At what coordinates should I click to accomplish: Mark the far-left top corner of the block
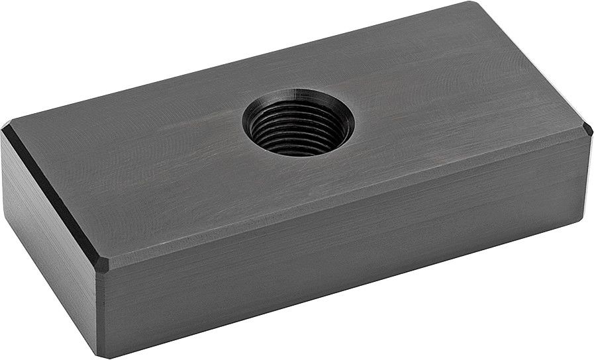(8, 126)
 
